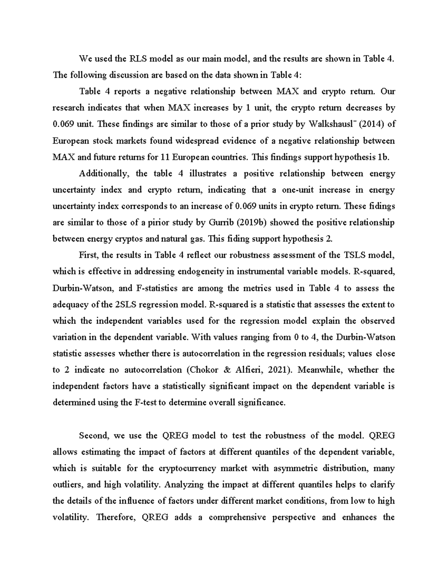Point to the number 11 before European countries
point(165,157)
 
